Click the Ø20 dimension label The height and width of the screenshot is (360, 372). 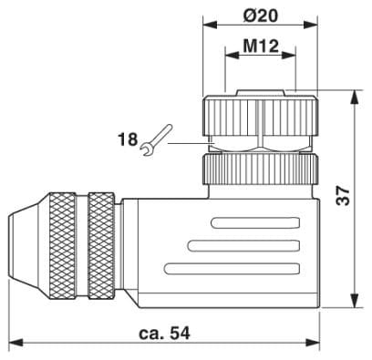point(261,15)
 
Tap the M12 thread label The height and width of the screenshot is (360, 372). point(261,46)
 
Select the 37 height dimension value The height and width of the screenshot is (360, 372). point(344,196)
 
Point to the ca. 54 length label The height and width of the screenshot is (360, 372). point(164,334)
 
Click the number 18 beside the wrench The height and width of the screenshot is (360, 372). point(128,139)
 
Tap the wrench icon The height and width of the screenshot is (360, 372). point(157,140)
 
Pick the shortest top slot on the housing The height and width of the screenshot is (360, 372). point(255,223)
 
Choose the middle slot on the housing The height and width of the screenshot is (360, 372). point(243,246)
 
